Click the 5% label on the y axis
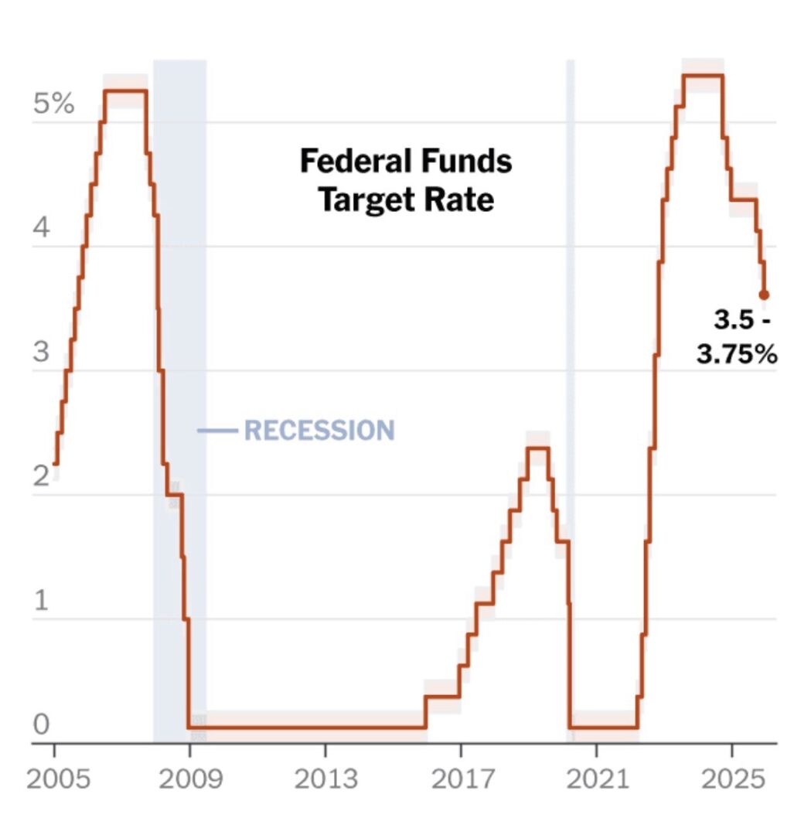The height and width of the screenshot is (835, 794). point(53,104)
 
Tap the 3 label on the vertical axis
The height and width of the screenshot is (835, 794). point(41,353)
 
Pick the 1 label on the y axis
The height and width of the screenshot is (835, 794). point(41,601)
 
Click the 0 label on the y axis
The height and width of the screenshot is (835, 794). point(41,725)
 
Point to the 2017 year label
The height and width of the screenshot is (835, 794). point(461,779)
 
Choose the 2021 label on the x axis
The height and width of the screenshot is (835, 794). point(596,779)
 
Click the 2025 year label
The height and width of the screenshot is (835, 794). point(731,779)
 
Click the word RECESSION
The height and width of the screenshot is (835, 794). point(319,430)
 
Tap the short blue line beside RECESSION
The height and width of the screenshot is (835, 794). point(217,430)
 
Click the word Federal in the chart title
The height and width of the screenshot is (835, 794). point(358,162)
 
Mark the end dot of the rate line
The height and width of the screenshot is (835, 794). point(764,295)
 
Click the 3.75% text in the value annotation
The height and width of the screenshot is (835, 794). point(736,355)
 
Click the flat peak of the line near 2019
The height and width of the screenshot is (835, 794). point(537,448)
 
